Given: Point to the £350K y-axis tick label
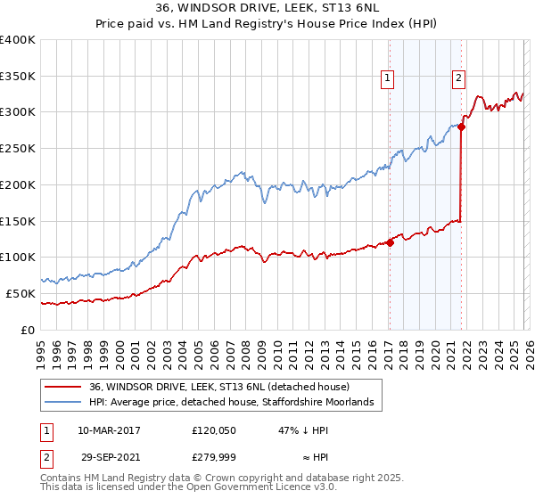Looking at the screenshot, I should coord(18,77).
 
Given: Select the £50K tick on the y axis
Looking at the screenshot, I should coord(21,293).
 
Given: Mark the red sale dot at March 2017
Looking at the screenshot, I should coord(391,242).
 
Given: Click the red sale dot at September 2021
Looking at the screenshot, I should coord(462,127).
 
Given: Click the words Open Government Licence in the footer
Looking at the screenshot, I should coord(249,487).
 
